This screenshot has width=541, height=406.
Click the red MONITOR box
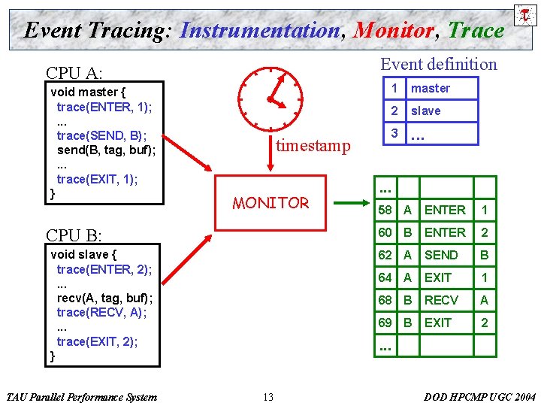[271, 202]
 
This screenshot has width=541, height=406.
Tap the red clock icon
[269, 98]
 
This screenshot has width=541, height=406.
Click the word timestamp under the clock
[313, 146]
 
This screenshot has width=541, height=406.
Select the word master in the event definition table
[431, 88]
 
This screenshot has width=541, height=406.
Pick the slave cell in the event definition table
[426, 111]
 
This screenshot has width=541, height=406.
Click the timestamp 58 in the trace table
[385, 210]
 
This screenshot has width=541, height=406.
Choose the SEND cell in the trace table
[441, 255]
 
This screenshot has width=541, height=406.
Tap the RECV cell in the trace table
[441, 300]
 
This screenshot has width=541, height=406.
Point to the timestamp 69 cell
[385, 323]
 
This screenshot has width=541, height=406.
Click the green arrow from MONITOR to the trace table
[349, 203]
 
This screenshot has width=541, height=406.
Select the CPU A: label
[74, 72]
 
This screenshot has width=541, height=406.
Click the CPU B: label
[74, 235]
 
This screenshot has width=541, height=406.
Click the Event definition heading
[439, 64]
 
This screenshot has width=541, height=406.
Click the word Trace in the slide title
[476, 31]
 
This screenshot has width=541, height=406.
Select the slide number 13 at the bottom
[268, 397]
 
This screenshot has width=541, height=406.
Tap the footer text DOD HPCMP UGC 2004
[479, 397]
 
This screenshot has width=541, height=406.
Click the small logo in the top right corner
[524, 14]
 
